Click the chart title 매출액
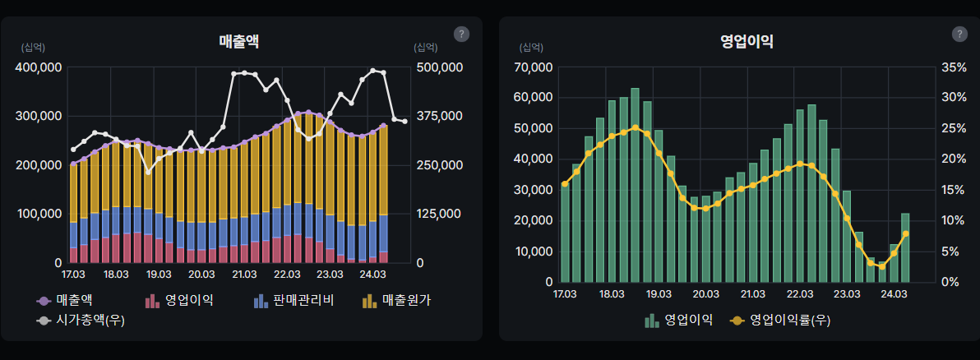click(239, 40)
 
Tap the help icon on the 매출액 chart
click(461, 34)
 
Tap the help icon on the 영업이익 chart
click(959, 34)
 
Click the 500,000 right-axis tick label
click(440, 67)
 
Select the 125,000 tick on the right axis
click(440, 214)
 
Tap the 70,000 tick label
click(531, 67)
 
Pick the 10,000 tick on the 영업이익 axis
click(531, 251)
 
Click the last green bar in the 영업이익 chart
click(906, 247)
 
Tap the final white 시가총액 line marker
click(404, 122)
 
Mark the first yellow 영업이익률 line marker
click(565, 184)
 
